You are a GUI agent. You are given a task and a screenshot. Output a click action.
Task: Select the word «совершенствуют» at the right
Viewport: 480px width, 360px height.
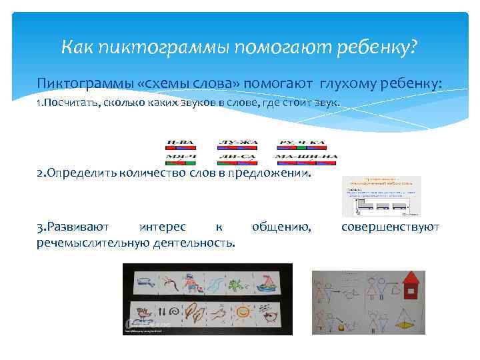390,227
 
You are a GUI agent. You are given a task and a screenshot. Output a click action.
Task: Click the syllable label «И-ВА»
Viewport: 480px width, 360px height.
181,143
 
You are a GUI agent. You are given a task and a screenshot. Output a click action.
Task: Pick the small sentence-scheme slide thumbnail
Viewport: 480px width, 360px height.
381,197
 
